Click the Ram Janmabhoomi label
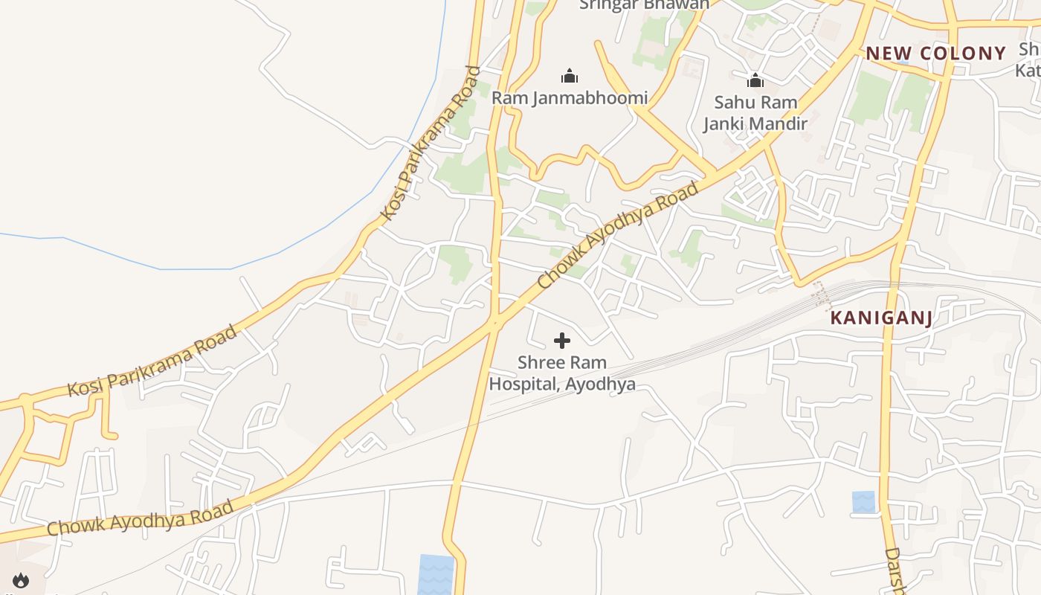[570, 97]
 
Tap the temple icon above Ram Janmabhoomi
[570, 76]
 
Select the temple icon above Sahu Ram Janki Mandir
[755, 80]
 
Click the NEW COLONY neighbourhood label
[936, 54]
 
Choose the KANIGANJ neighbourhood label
[881, 318]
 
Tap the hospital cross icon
[562, 341]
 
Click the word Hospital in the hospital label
[524, 385]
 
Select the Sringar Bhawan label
[644, 4]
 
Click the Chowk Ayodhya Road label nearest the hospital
[619, 235]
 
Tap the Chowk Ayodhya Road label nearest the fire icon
[140, 518]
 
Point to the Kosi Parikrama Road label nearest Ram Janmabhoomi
[431, 144]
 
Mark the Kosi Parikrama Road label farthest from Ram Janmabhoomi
[152, 361]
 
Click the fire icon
[20, 580]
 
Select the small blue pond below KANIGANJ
[863, 502]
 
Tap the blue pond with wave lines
[436, 574]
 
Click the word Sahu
[733, 103]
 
